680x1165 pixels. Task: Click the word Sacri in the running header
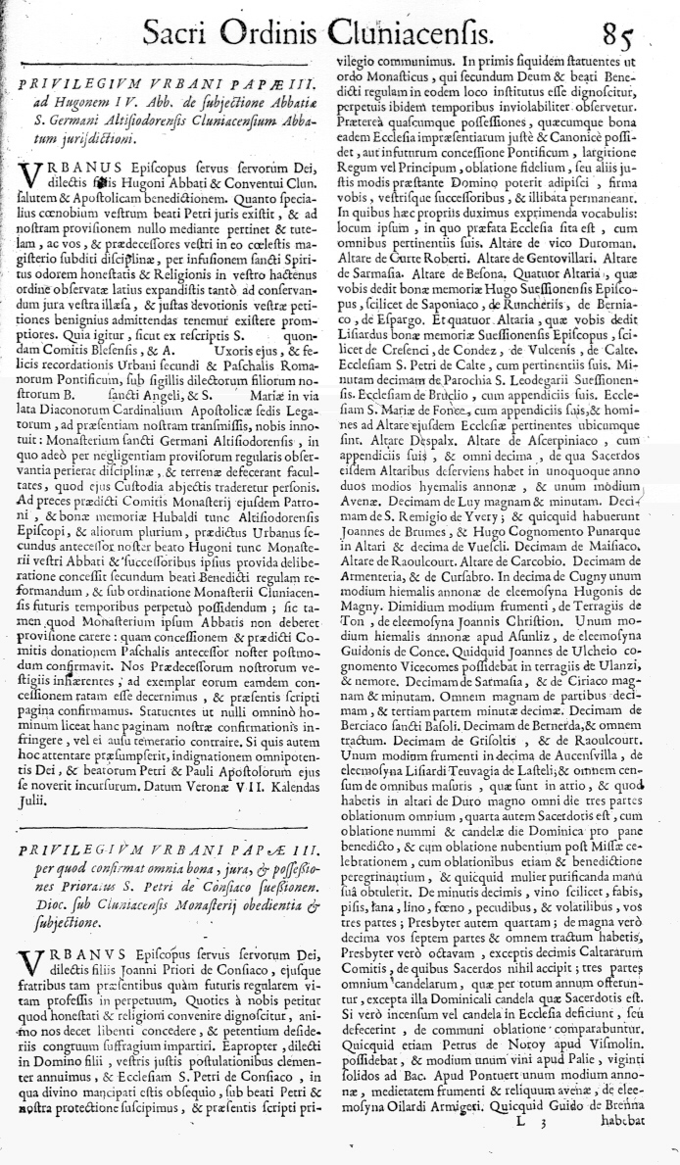click(x=180, y=35)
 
